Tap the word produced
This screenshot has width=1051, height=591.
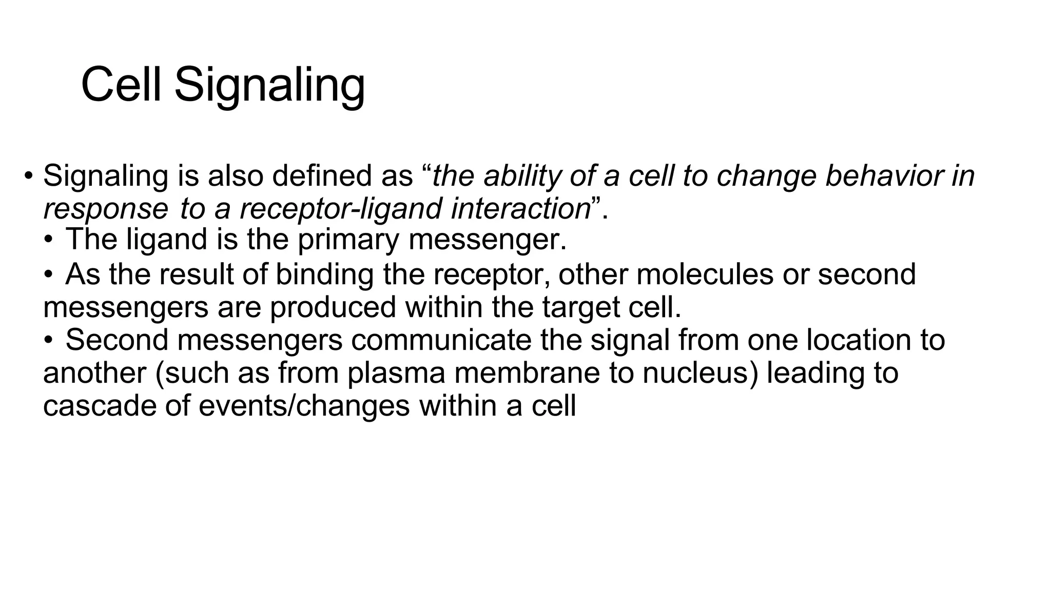tap(333, 307)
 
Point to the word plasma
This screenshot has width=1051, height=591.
tap(396, 373)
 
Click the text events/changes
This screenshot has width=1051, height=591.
tap(304, 406)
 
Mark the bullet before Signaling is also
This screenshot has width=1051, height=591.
tap(29, 176)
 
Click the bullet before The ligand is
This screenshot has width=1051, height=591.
tap(48, 240)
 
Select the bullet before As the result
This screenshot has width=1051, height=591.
tap(48, 274)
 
